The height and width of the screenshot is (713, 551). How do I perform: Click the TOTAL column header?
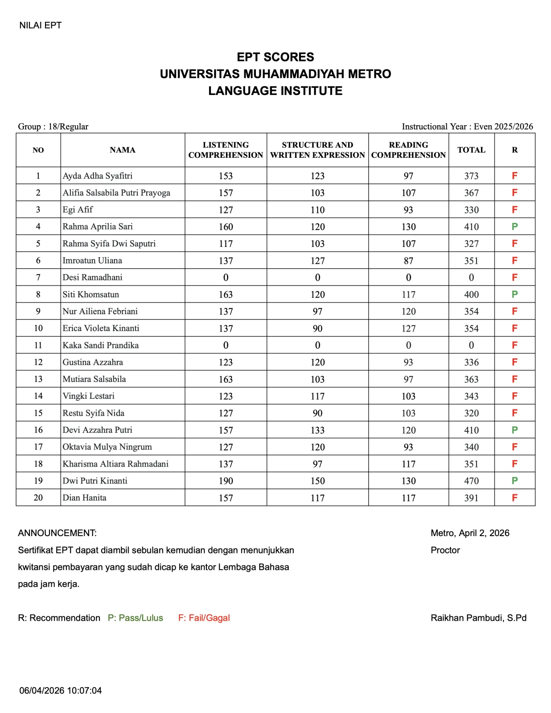[471, 150]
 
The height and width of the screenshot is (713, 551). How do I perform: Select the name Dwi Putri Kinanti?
[95, 481]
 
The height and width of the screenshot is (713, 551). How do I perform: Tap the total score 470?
[471, 481]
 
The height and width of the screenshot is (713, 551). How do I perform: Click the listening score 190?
[226, 481]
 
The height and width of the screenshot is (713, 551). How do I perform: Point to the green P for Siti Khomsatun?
[514, 295]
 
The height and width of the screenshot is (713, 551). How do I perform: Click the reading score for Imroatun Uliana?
[408, 261]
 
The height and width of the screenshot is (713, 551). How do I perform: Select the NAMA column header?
[123, 150]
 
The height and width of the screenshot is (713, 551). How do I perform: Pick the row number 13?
[38, 379]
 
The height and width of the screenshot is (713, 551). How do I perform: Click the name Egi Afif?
[78, 210]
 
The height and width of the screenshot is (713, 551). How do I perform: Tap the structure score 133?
[317, 430]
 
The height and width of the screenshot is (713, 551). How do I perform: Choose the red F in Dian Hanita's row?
[514, 498]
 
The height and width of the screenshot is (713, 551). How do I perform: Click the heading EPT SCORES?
[275, 57]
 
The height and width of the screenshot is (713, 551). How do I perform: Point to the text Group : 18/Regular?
[53, 127]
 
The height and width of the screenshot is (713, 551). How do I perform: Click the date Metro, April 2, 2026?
[470, 533]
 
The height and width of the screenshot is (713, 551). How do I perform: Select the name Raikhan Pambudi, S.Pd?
[478, 618]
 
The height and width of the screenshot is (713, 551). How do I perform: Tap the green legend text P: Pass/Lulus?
[136, 618]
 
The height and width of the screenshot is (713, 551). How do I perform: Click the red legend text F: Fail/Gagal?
[204, 618]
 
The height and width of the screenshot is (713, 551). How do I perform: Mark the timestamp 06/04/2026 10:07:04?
[61, 691]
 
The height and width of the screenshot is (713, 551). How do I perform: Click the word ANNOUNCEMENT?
[57, 533]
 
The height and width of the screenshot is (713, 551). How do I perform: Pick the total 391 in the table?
[471, 498]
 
